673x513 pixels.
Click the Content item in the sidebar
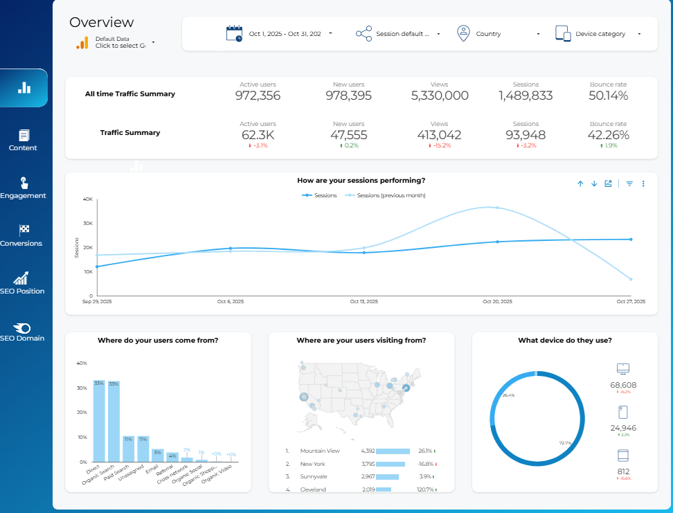[x=24, y=140]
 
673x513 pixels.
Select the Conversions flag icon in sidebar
[x=24, y=230]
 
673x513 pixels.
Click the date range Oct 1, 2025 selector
[x=280, y=33]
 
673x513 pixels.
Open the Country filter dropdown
[x=498, y=33]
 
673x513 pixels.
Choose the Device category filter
[x=599, y=33]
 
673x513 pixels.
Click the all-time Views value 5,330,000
[x=439, y=96]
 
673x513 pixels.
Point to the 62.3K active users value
[x=258, y=135]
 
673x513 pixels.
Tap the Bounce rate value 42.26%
[x=608, y=135]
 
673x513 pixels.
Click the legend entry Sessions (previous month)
[x=391, y=195]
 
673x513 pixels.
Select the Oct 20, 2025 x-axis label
[x=497, y=302]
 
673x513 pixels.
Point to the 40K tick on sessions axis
[x=88, y=199]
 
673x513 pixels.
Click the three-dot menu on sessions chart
[x=643, y=183]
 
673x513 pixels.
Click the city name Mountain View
[x=319, y=451]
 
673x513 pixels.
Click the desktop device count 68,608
[x=623, y=385]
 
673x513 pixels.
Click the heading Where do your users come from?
[x=158, y=340]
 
